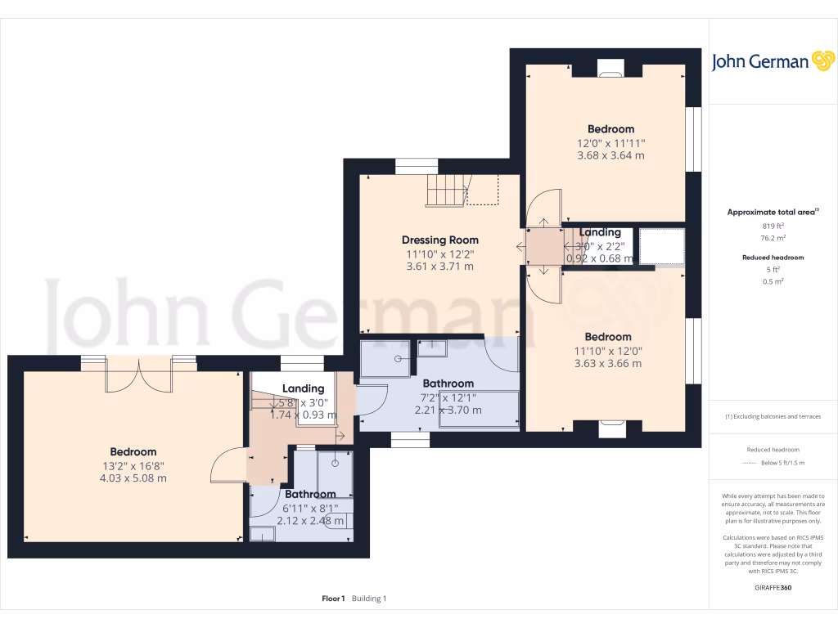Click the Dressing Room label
tap(439, 240)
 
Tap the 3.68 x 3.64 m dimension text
tap(610, 155)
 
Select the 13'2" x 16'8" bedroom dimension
tap(133, 465)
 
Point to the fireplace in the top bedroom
tap(610, 70)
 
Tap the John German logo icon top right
tap(822, 61)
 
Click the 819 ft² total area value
tap(773, 226)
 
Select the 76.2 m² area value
tap(773, 238)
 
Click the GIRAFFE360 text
tap(773, 587)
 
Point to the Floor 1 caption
tap(333, 599)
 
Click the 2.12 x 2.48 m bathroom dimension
tap(309, 520)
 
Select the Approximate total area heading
tap(771, 212)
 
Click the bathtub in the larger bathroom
tap(479, 410)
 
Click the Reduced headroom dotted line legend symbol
tap(750, 463)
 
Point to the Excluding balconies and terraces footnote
tap(773, 416)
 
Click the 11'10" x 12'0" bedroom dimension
tap(608, 351)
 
